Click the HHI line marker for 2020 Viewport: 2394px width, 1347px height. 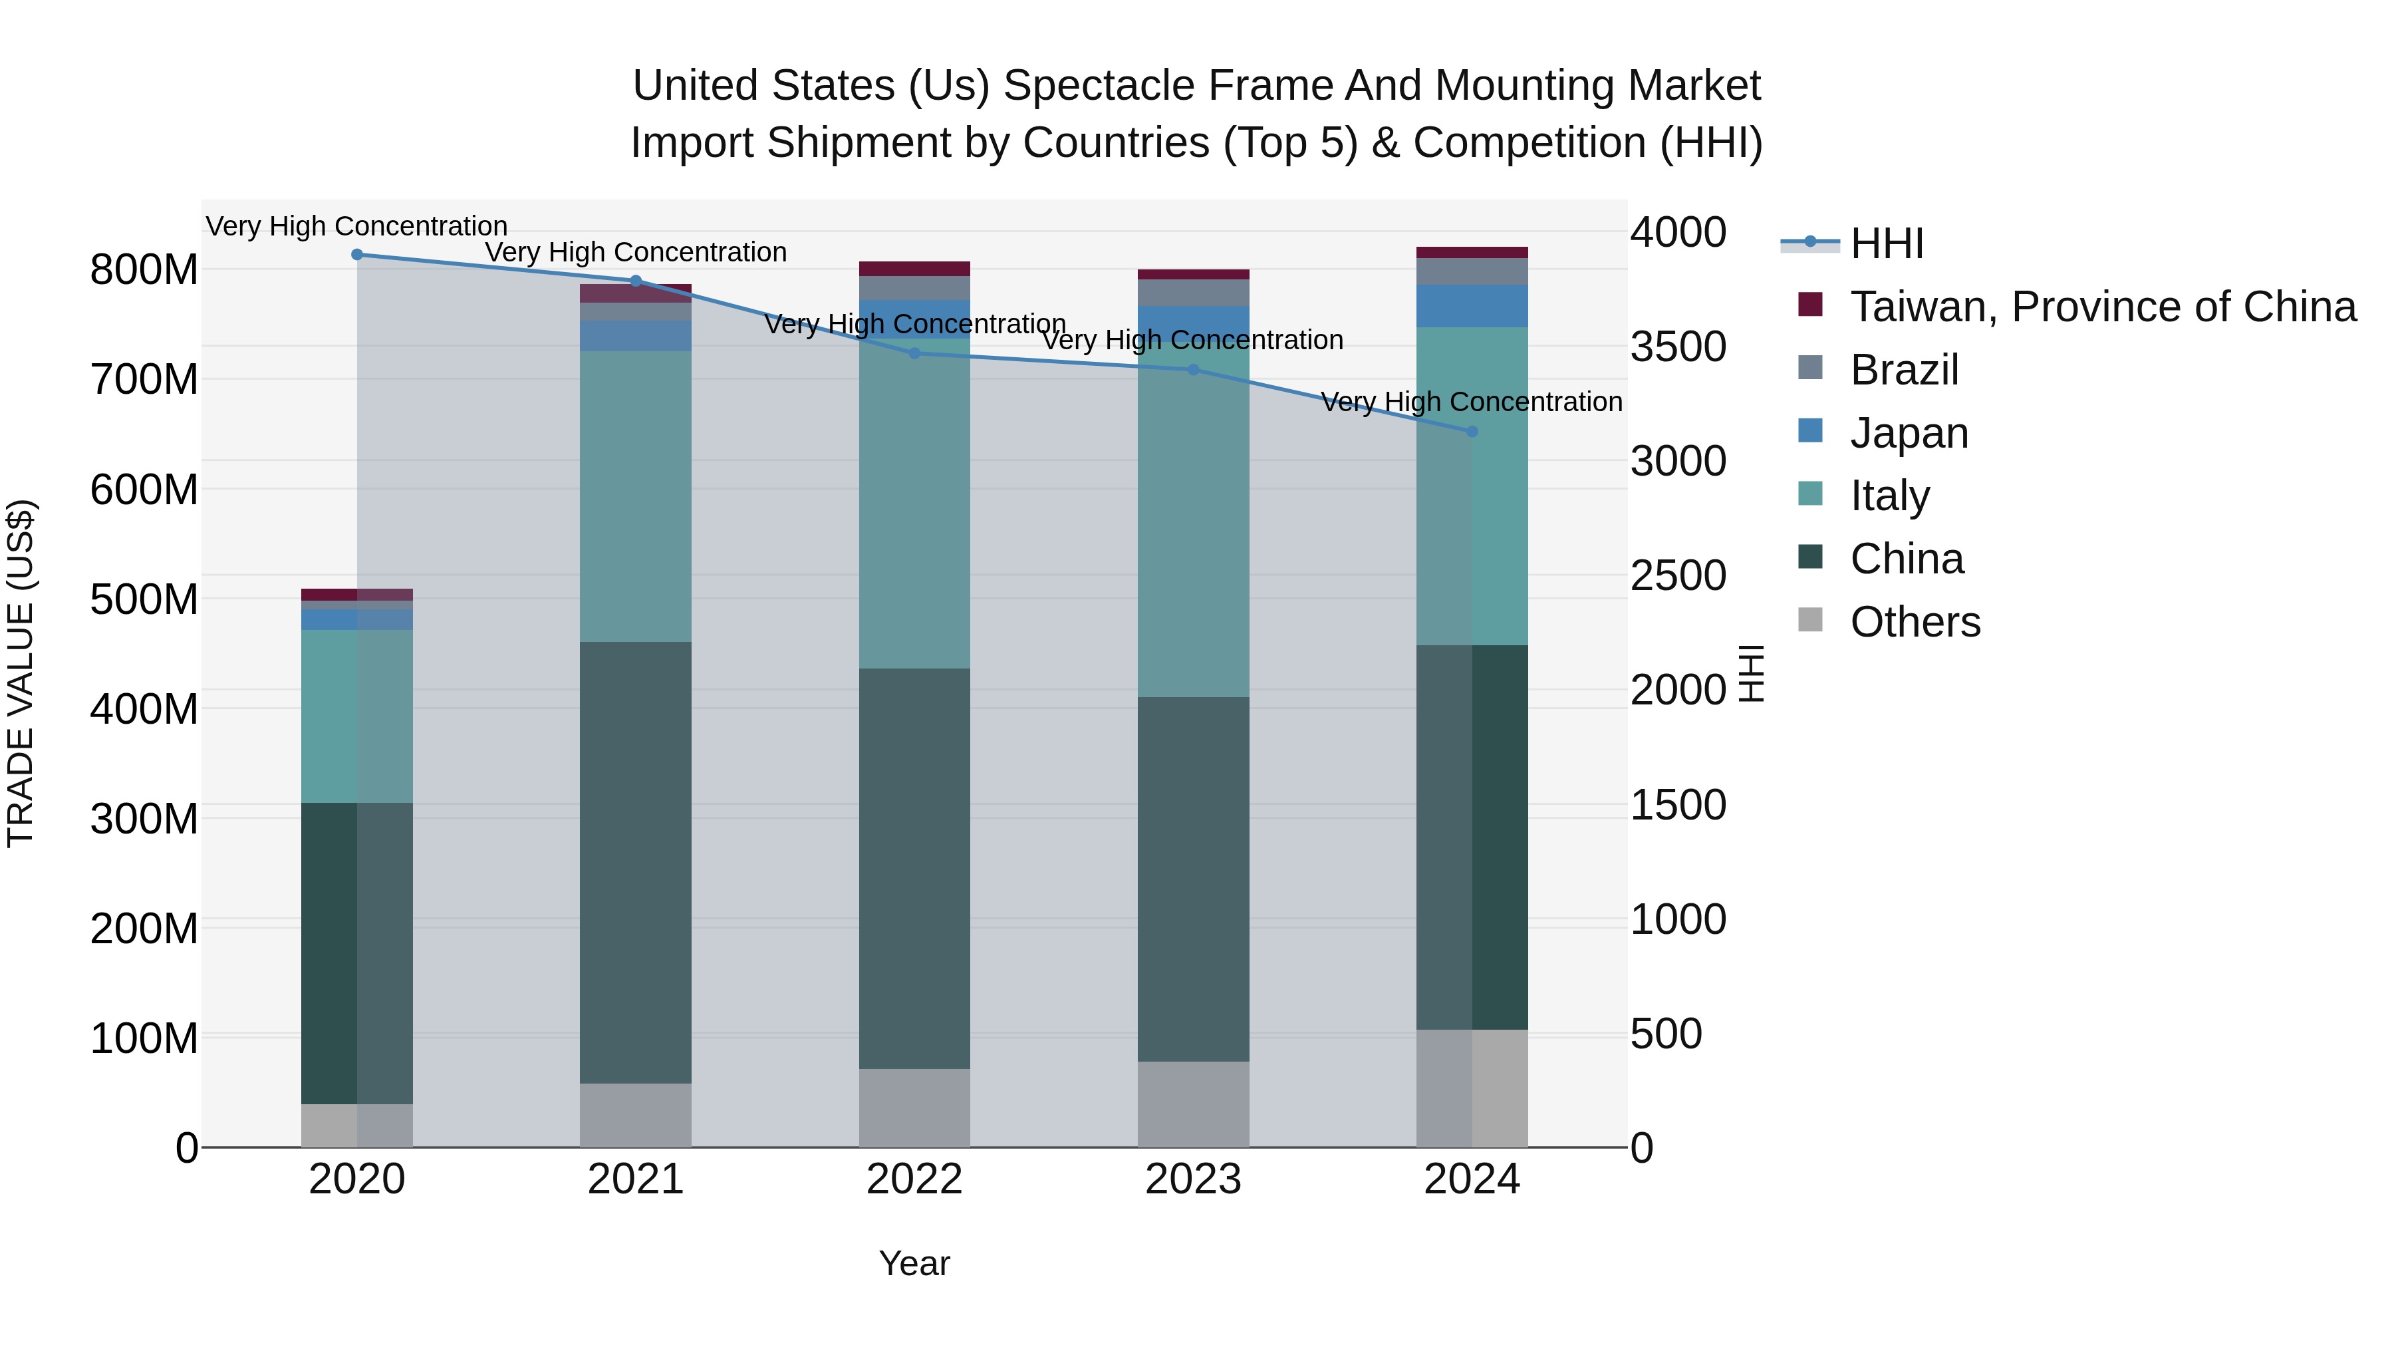tap(357, 255)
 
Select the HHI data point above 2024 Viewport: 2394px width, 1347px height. tap(1471, 431)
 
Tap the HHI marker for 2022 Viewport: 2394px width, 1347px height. tap(914, 353)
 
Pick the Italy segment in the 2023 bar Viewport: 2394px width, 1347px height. tap(1193, 521)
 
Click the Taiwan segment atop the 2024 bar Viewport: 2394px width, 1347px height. tap(1472, 253)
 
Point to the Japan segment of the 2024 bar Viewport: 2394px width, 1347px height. tap(1472, 306)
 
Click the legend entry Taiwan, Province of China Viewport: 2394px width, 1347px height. tap(2102, 307)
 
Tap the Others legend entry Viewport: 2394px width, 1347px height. tap(1915, 622)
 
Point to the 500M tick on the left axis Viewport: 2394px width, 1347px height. tap(144, 599)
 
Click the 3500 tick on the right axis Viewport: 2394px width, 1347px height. tap(1678, 347)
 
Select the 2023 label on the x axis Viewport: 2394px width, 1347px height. tap(1193, 1179)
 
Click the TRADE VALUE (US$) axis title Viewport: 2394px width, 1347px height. tap(21, 673)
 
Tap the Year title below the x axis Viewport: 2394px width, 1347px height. tap(914, 1263)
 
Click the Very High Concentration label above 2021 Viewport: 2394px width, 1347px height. tap(636, 252)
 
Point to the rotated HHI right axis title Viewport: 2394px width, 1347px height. tap(1751, 673)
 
